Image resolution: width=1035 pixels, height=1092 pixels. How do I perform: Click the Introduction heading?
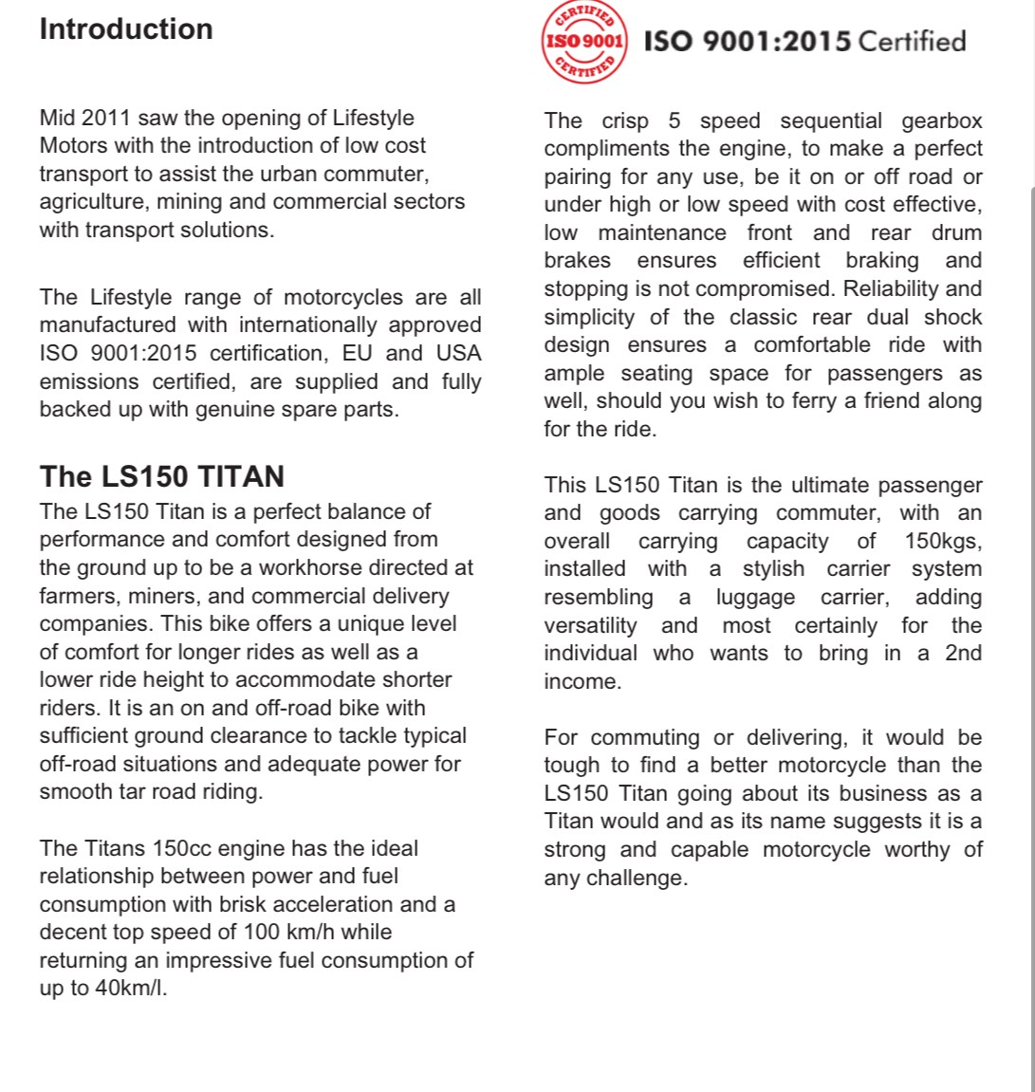(126, 29)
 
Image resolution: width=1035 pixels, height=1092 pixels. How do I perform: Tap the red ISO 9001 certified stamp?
(583, 41)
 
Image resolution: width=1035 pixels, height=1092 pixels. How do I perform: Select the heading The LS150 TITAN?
(161, 476)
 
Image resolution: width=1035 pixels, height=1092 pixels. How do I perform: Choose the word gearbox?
(941, 121)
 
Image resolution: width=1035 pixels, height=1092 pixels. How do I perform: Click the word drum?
(956, 233)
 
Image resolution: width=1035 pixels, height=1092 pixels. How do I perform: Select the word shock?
(953, 318)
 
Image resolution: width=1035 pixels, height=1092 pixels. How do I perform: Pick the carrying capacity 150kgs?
(943, 542)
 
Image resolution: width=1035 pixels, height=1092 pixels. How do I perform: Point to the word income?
(582, 682)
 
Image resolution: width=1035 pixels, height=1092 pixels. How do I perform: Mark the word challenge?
(637, 879)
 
